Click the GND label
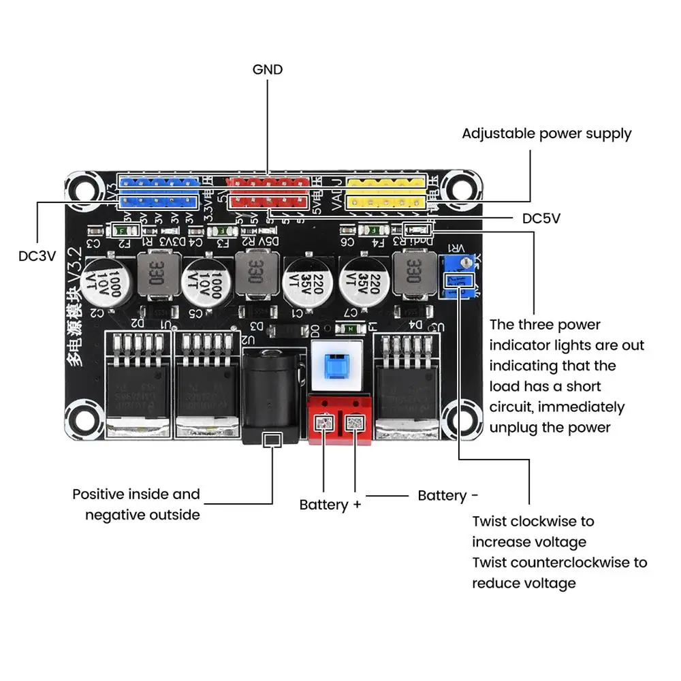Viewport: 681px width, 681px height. click(x=267, y=69)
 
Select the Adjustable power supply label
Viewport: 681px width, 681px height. click(x=546, y=133)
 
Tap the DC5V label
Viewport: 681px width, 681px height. click(x=541, y=219)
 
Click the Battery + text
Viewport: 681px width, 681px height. click(x=330, y=505)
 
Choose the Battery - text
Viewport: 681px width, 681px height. click(x=447, y=496)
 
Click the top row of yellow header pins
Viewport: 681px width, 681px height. click(x=385, y=182)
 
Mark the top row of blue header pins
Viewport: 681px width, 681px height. click(x=159, y=182)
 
